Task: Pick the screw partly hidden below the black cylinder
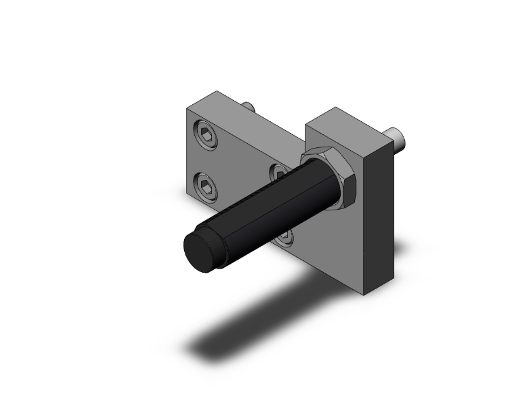pos(284,236)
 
